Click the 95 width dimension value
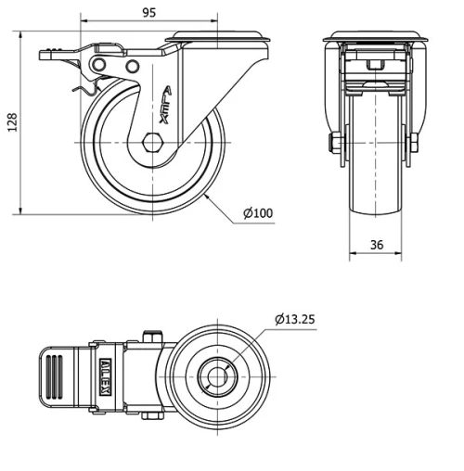point(148,12)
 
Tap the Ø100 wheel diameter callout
point(258,214)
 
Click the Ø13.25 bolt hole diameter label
point(298,320)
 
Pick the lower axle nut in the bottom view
point(148,416)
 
